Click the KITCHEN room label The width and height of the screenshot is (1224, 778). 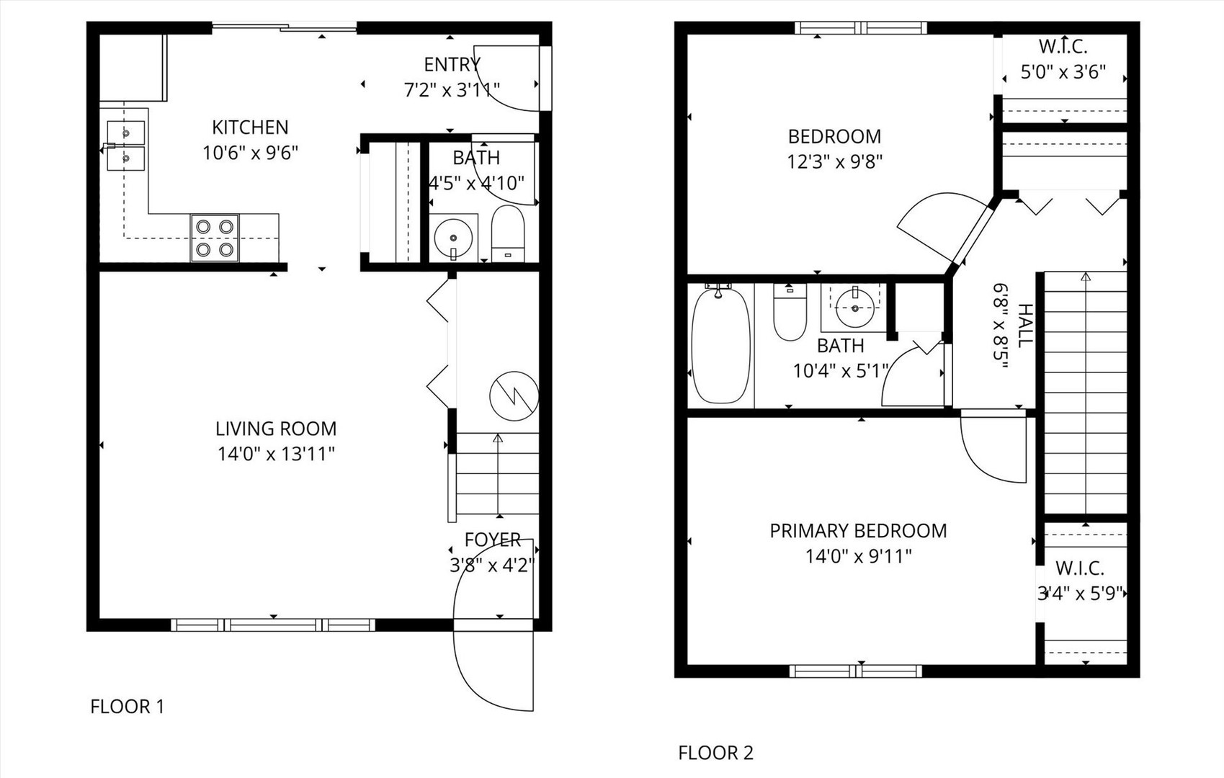click(250, 128)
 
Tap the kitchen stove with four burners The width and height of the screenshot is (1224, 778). click(215, 238)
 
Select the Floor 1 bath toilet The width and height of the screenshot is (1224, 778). click(508, 233)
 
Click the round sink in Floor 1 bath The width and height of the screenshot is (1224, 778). click(453, 237)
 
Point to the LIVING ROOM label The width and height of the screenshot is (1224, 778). click(276, 429)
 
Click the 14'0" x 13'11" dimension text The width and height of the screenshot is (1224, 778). click(276, 455)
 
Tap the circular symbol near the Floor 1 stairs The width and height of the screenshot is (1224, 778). click(514, 396)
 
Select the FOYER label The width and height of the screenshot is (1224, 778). click(493, 540)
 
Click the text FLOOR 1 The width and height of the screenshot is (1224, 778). click(128, 707)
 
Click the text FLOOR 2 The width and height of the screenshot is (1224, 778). click(715, 753)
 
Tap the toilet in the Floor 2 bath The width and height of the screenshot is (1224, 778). click(790, 313)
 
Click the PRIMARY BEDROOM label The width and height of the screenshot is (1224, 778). click(858, 531)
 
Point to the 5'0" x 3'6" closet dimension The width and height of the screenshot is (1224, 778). click(1063, 73)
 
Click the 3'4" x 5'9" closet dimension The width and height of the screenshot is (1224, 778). click(1080, 594)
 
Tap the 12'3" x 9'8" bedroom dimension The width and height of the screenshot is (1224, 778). click(834, 161)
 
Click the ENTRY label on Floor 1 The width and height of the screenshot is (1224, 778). click(452, 65)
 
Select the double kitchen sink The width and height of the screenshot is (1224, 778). click(126, 146)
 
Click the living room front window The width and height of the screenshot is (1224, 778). click(273, 625)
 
